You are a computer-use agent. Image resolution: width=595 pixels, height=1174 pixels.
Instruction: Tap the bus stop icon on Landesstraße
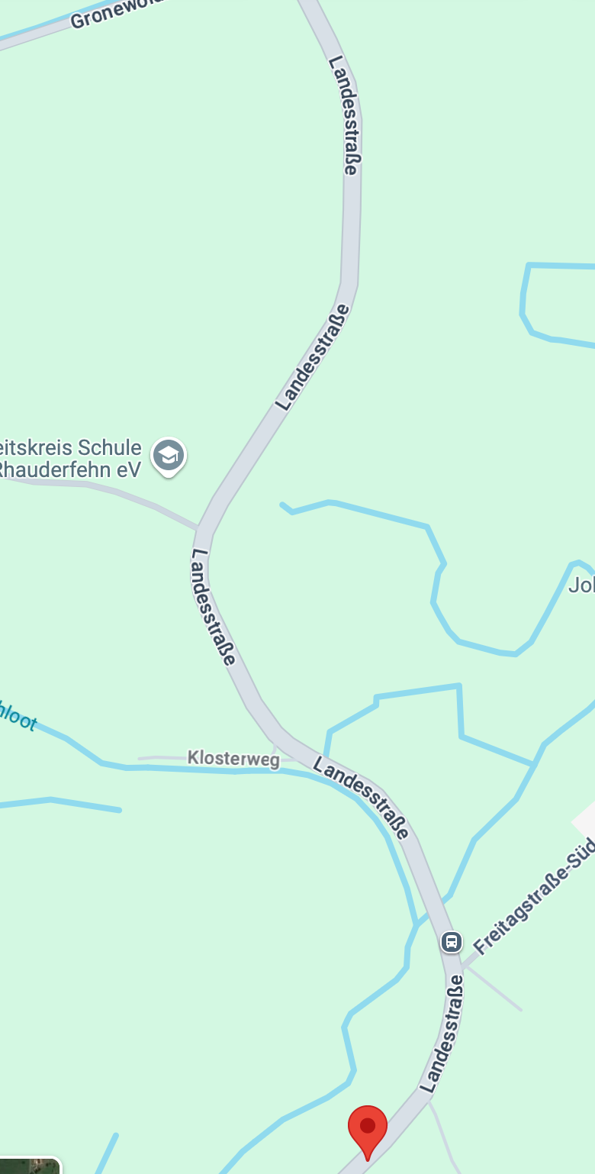[x=452, y=941]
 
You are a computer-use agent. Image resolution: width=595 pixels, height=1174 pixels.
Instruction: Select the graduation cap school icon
[x=168, y=456]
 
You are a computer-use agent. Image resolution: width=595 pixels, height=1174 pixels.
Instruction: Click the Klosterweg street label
[x=233, y=758]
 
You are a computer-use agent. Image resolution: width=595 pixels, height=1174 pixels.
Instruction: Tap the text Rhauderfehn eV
[x=69, y=469]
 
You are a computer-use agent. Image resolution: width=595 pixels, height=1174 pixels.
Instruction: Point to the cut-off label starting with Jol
[x=581, y=585]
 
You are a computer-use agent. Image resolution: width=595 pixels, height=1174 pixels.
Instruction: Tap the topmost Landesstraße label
[x=344, y=114]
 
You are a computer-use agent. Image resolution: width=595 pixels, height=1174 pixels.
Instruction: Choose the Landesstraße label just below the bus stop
[x=442, y=1032]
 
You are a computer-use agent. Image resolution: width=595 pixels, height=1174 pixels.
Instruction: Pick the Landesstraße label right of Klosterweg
[x=361, y=799]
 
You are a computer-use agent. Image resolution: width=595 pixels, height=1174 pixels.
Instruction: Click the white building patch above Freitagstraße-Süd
[x=585, y=821]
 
